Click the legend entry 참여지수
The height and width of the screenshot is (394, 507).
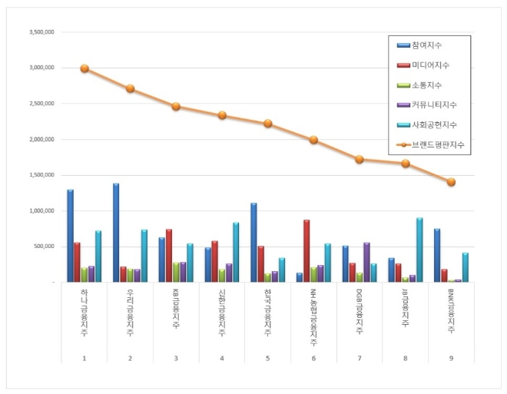[427, 46]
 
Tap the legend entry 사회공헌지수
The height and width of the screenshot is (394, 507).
[434, 124]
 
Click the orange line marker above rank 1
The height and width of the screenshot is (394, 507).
[84, 68]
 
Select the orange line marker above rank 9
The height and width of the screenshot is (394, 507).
[451, 182]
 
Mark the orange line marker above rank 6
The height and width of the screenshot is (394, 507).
[313, 140]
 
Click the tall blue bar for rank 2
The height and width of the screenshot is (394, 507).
[116, 233]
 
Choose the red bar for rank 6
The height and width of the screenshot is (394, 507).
[307, 251]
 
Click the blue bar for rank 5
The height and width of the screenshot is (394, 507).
[253, 243]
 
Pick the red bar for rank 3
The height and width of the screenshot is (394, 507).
[169, 256]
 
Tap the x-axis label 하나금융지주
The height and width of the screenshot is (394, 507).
[84, 310]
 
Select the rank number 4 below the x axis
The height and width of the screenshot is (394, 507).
[221, 357]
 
